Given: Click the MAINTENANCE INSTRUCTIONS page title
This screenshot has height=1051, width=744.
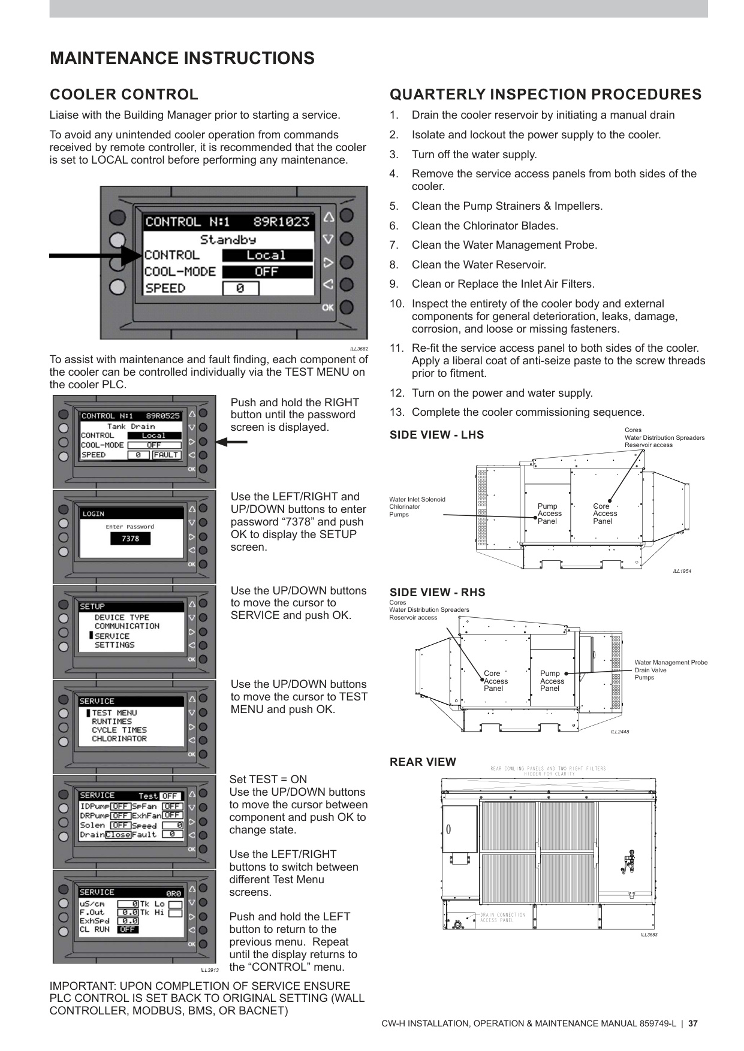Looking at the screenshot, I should pyautogui.click(x=182, y=58).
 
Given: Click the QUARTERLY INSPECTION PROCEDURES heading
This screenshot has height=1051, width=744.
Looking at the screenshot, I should pyautogui.click(x=545, y=95).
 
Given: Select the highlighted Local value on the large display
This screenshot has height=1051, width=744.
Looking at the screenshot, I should pyautogui.click(x=267, y=255).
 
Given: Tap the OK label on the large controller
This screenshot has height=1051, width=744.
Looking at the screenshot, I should pyautogui.click(x=327, y=307).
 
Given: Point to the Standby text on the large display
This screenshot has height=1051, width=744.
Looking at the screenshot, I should pyautogui.click(x=228, y=240).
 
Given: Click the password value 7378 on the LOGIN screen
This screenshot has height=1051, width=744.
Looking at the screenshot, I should pyautogui.click(x=130, y=539).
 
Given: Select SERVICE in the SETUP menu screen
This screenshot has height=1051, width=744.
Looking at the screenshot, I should pyautogui.click(x=112, y=636).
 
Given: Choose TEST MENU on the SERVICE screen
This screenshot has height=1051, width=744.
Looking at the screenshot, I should pyautogui.click(x=114, y=712).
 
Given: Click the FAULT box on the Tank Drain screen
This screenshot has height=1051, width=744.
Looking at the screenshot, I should pyautogui.click(x=166, y=455).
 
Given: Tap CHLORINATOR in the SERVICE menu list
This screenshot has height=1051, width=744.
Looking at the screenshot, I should pyautogui.click(x=119, y=739).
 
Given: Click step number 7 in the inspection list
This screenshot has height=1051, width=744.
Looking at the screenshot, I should pyautogui.click(x=394, y=245).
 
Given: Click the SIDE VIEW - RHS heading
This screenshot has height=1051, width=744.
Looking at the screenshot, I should pyautogui.click(x=437, y=592).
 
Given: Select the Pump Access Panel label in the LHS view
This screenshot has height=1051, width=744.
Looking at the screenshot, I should pyautogui.click(x=549, y=514).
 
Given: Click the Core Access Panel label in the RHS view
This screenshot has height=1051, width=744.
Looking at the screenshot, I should pyautogui.click(x=495, y=681).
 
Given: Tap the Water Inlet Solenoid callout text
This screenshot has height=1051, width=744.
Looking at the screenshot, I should pyautogui.click(x=417, y=499).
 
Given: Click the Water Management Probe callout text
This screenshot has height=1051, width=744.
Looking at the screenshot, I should pyautogui.click(x=670, y=662).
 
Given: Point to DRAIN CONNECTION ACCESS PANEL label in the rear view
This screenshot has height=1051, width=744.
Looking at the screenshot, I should pyautogui.click(x=502, y=917).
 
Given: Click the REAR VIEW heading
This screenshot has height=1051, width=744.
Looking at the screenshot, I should pyautogui.click(x=423, y=762).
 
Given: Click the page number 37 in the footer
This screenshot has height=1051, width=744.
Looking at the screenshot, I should pyautogui.click(x=692, y=1023).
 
